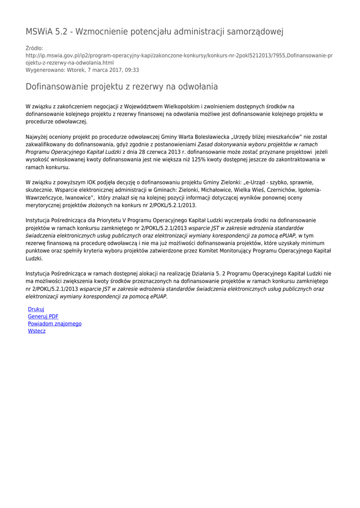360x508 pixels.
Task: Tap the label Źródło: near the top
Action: (x=34, y=48)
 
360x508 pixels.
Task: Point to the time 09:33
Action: (x=132, y=70)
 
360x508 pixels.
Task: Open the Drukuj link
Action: (x=36, y=309)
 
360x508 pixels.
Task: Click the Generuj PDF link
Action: (x=43, y=317)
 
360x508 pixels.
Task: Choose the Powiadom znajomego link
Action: (x=55, y=323)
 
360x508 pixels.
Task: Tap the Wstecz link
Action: (x=37, y=331)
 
